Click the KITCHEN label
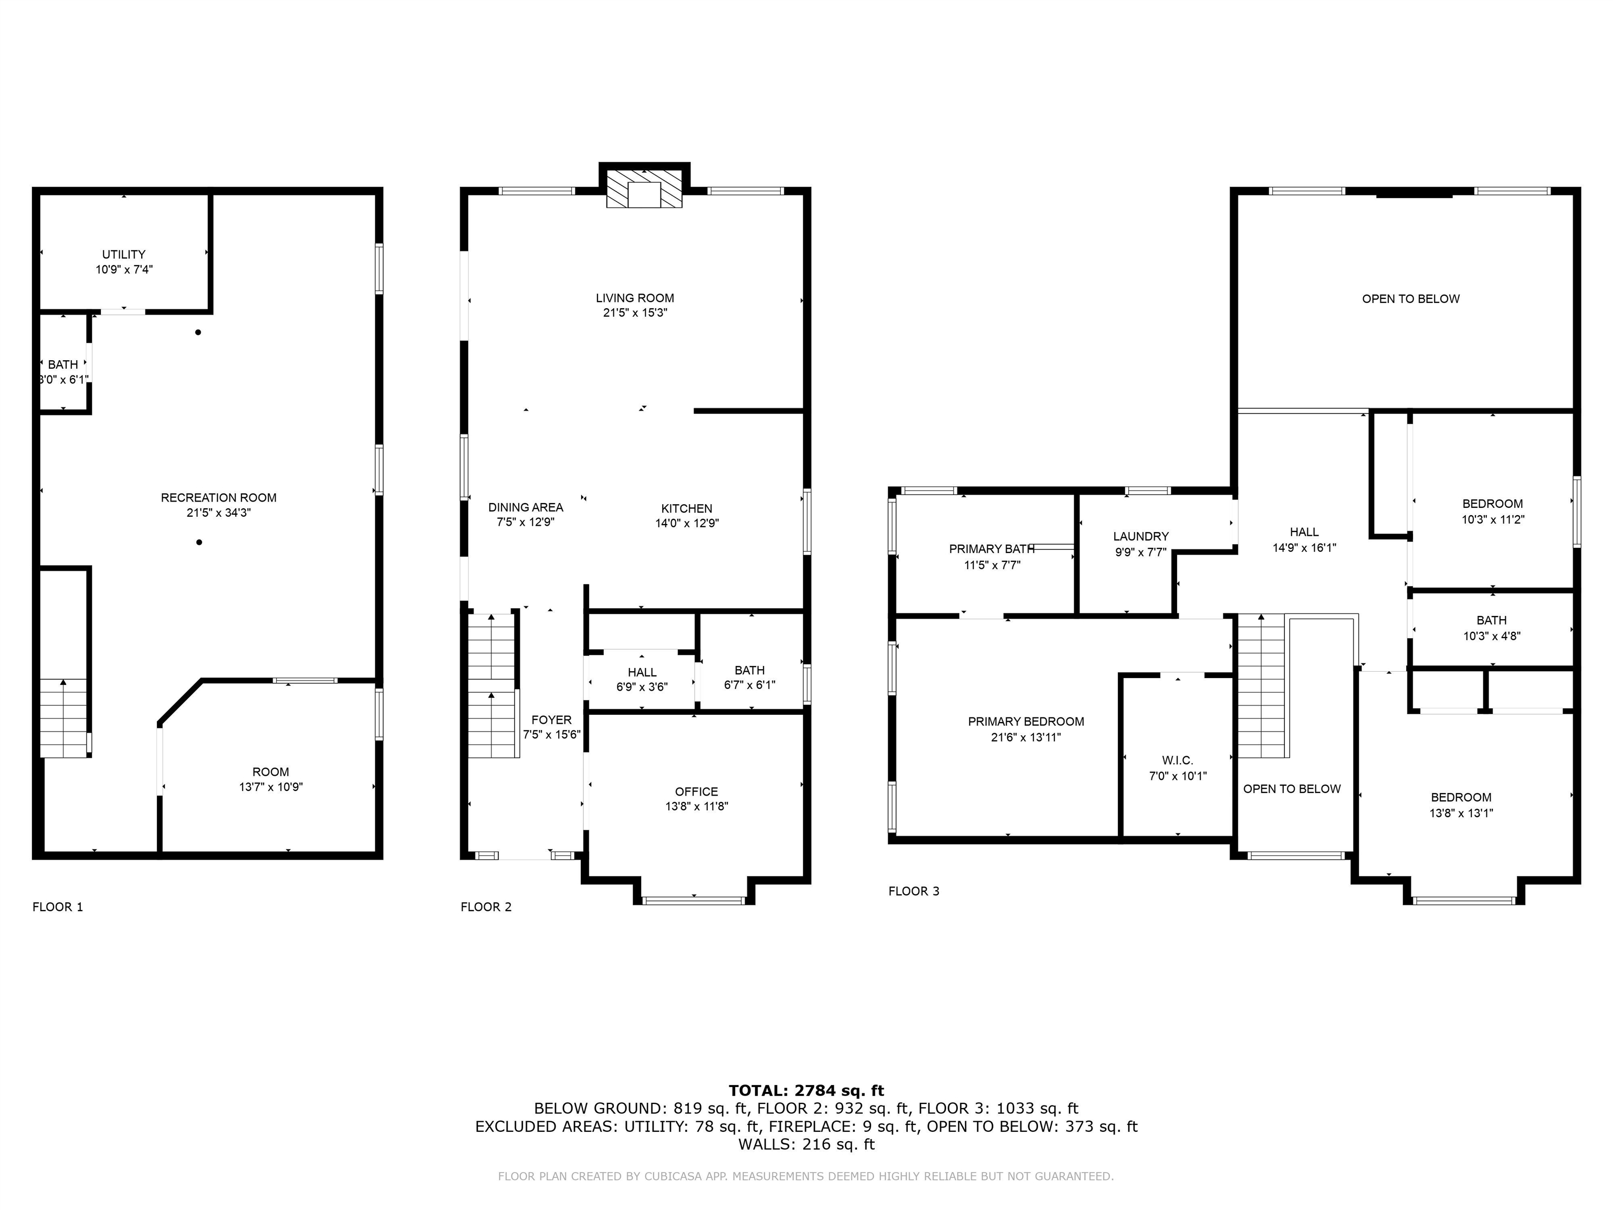[686, 508]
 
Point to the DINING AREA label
[525, 507]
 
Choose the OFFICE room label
[696, 791]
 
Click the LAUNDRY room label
[1140, 536]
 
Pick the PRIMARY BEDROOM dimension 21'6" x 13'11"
[1025, 737]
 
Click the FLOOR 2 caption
[486, 906]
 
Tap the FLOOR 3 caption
[914, 891]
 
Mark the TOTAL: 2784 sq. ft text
[806, 1090]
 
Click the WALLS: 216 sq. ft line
[806, 1144]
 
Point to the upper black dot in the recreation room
[197, 332]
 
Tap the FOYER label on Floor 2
[551, 720]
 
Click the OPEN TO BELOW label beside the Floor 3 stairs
[1292, 788]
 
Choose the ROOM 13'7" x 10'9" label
[270, 771]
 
